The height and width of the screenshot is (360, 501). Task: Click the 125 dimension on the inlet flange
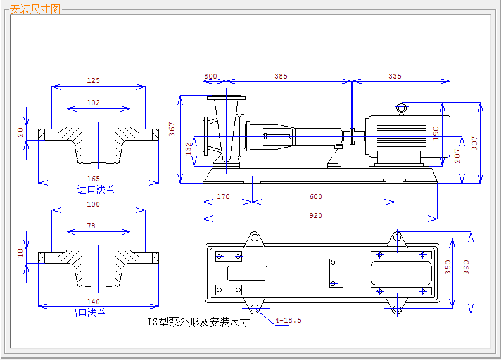tap(93, 80)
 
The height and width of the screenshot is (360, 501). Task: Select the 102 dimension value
tap(93, 103)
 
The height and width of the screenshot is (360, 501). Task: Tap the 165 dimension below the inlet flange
tap(93, 179)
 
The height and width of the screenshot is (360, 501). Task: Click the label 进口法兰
tap(96, 189)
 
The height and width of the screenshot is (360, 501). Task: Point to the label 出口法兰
tap(87, 312)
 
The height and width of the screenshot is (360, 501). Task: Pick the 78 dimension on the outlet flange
tap(91, 226)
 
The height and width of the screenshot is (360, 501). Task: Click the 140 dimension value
tap(93, 302)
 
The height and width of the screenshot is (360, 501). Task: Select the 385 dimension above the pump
tap(281, 76)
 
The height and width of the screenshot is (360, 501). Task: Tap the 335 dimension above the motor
tap(395, 76)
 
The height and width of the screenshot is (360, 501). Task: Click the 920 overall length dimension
tap(315, 215)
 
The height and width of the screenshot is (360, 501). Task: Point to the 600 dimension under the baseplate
tap(315, 196)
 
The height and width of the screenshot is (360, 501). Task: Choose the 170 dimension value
tap(223, 196)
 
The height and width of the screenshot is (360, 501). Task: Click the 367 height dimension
tap(172, 129)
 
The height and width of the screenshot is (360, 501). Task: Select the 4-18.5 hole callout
tap(288, 320)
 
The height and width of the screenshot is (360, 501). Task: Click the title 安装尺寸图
tap(35, 10)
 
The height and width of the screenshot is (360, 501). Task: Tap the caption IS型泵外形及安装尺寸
tap(198, 321)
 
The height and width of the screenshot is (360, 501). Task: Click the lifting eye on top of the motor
tap(402, 107)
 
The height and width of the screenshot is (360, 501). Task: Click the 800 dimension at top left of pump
tap(210, 76)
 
